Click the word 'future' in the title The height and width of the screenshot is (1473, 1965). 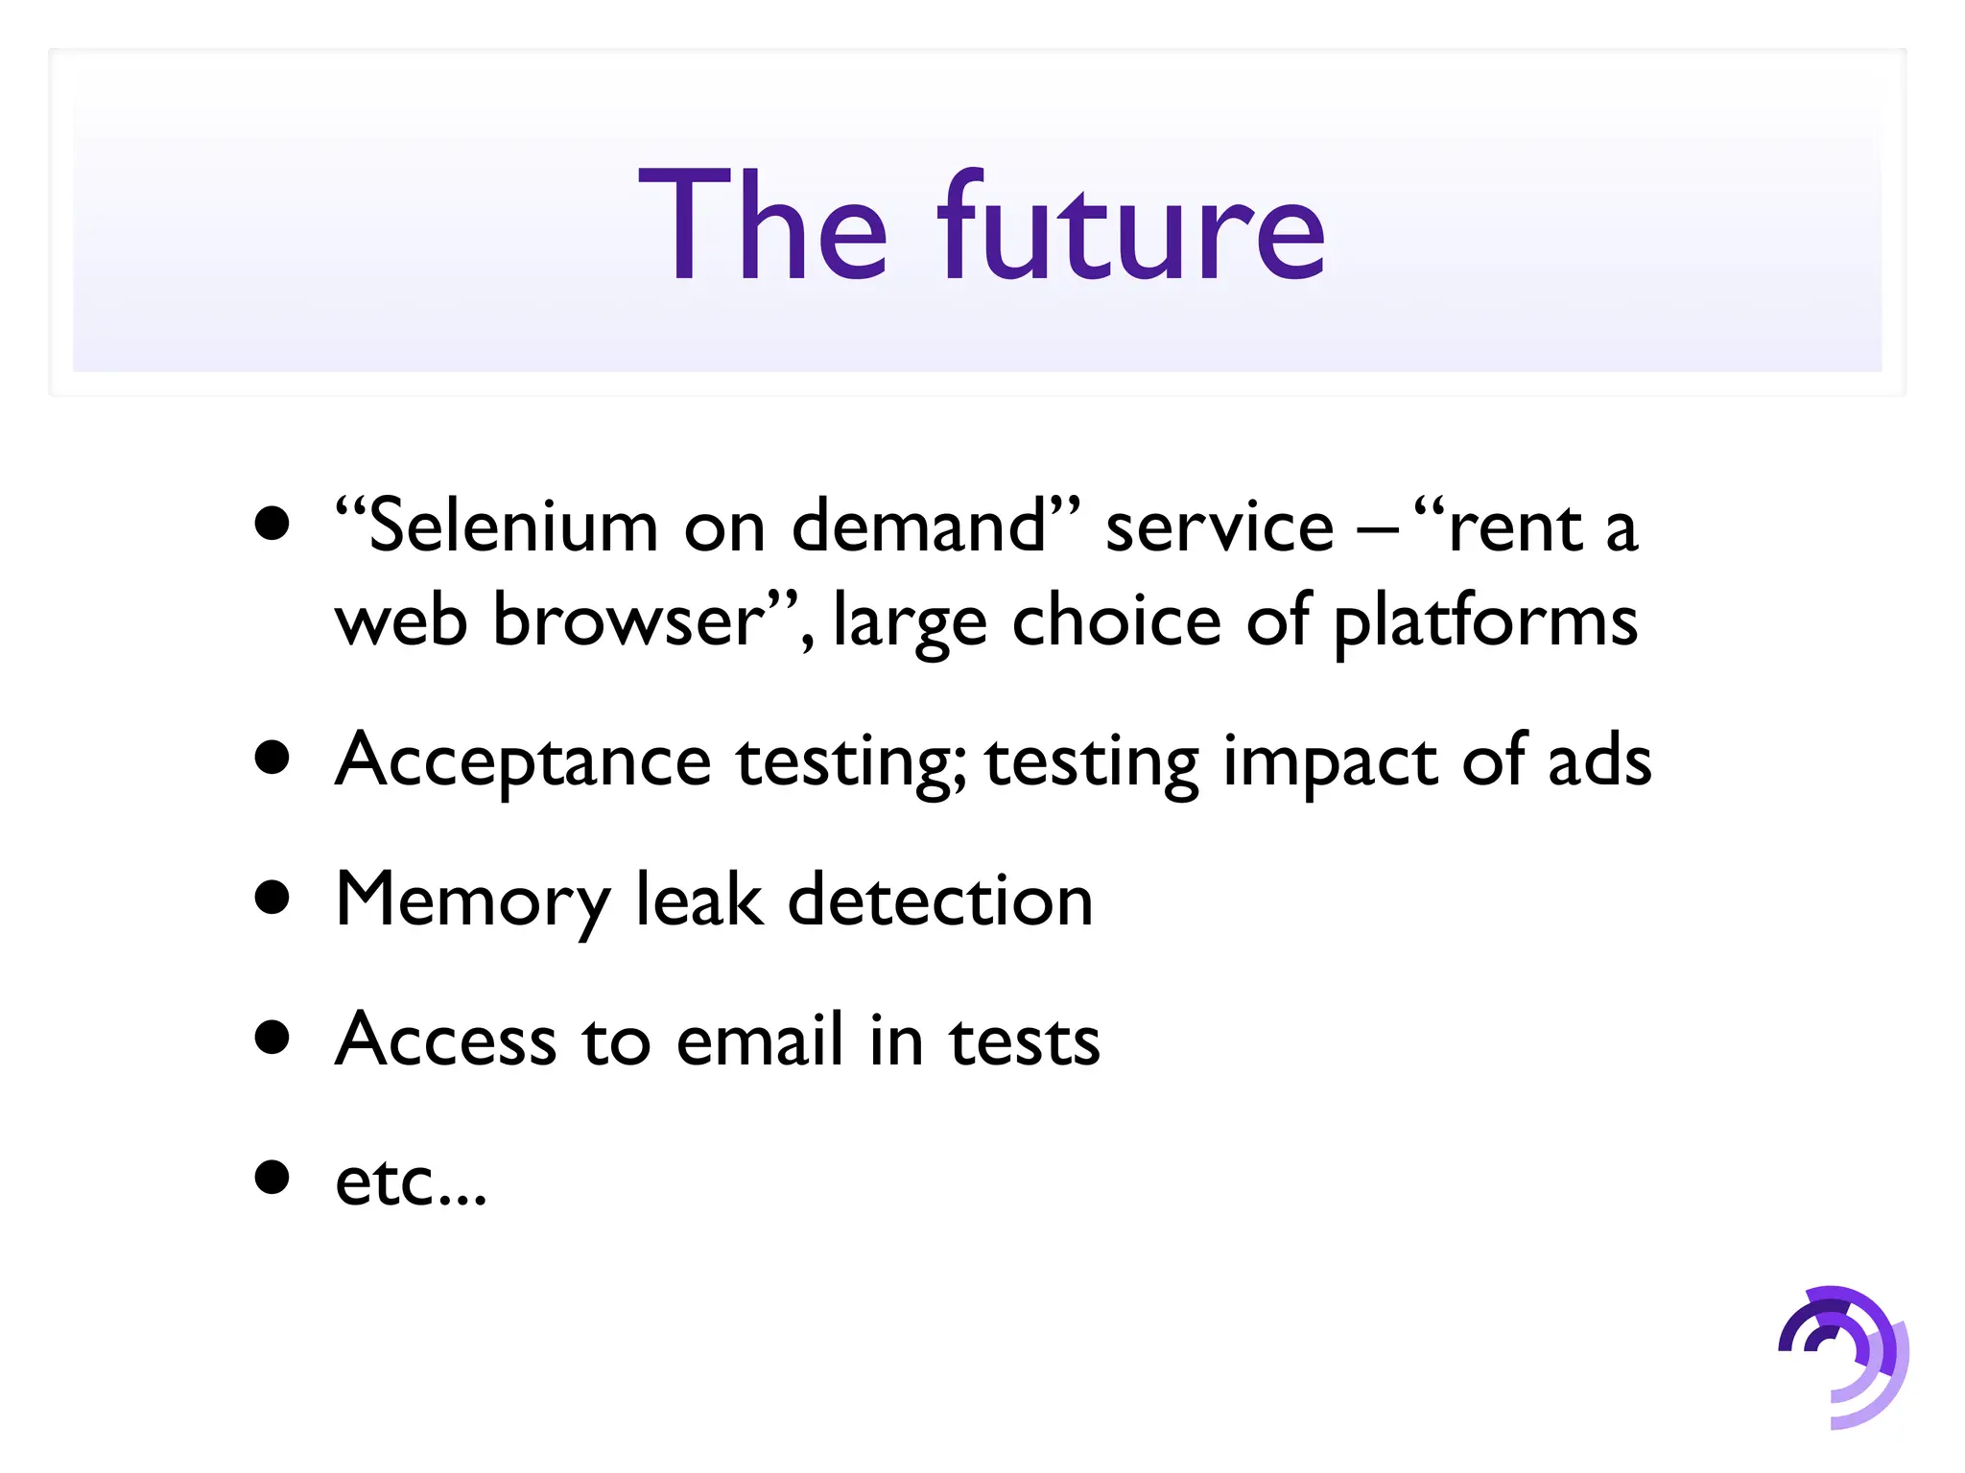(x=1132, y=228)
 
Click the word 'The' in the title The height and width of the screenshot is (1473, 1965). (x=763, y=228)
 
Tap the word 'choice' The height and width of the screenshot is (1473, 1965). (x=1117, y=621)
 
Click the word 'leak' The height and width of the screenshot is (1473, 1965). (x=700, y=900)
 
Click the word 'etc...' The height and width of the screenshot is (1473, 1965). (x=411, y=1181)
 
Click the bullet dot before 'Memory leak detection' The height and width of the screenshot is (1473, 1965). (x=273, y=898)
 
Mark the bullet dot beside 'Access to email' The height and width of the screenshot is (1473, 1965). (x=273, y=1037)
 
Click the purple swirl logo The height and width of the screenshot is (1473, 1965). (x=1842, y=1355)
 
